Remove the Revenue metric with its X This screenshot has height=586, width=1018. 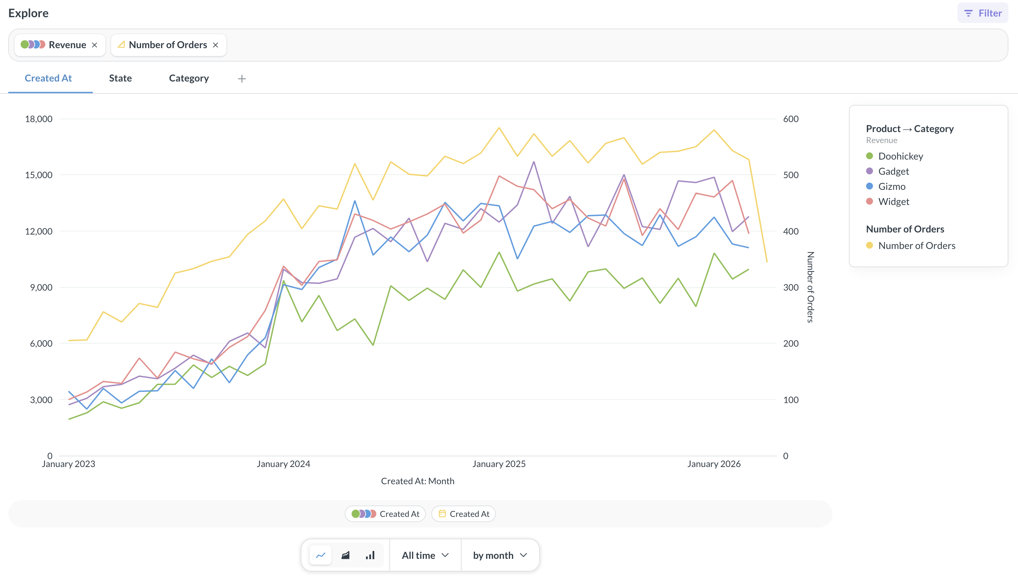95,45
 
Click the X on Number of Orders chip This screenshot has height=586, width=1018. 215,45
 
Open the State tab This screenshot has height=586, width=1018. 120,78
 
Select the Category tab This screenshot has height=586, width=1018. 189,78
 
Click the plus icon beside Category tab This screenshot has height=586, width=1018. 242,79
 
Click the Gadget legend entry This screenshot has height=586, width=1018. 893,171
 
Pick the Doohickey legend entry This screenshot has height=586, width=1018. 900,156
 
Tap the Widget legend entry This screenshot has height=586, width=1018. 893,202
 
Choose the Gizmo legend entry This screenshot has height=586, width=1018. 891,186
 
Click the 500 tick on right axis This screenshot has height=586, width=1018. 790,175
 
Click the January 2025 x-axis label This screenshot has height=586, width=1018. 499,464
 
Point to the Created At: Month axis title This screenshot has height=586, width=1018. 418,481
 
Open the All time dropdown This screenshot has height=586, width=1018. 425,555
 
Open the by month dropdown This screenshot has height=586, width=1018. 499,555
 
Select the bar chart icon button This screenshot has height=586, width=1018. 370,555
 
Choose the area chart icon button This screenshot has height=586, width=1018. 345,555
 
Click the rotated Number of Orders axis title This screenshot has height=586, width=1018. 810,287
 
